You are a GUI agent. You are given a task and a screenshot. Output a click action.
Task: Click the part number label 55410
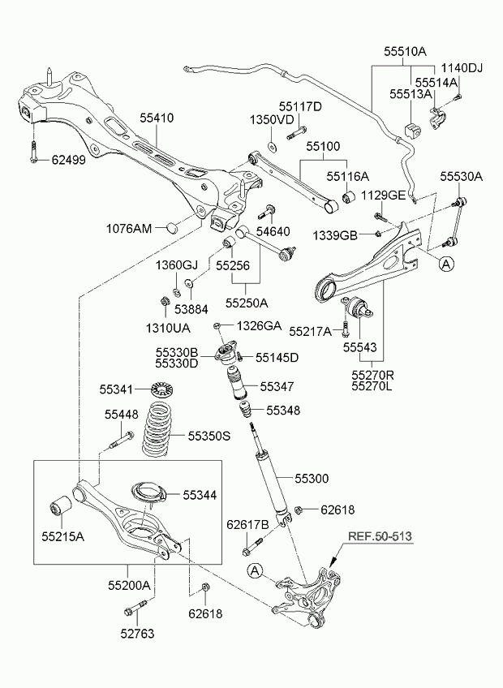157,118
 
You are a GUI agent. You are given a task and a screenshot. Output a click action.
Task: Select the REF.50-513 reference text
380,536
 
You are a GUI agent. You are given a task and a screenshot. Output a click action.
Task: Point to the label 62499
69,160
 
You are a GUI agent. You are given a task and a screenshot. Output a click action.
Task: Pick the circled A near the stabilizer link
446,264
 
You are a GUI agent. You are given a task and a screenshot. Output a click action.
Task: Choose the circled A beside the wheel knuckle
254,571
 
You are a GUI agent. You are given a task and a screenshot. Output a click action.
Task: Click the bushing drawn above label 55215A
61,506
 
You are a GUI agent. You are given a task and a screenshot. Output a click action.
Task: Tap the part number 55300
312,478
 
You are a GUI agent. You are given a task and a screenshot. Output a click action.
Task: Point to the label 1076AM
129,228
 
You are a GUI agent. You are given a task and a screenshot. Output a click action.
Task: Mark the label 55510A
405,51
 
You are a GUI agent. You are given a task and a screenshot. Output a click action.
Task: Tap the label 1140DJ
462,68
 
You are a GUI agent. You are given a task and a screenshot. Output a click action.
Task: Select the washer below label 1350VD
272,146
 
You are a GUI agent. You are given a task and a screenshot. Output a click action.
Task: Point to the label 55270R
372,375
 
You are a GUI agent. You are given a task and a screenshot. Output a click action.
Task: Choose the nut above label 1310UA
165,302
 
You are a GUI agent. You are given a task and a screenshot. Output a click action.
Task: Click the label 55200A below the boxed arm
129,585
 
